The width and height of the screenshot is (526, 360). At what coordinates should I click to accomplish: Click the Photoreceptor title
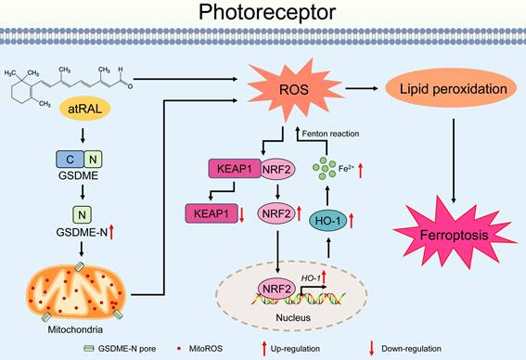click(263, 12)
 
